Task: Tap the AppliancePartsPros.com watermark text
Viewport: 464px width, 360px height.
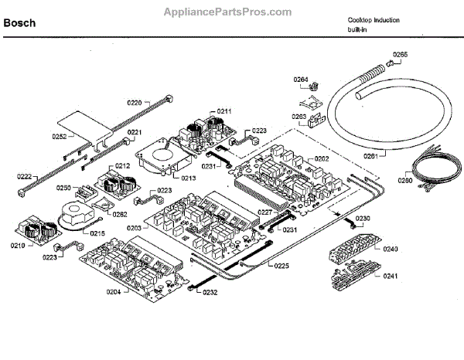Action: tap(228, 12)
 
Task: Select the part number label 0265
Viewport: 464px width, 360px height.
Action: tap(399, 54)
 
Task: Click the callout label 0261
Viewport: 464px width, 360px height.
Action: tap(370, 156)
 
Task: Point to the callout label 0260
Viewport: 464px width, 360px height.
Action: tap(405, 182)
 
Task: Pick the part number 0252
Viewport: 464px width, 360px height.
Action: tap(60, 137)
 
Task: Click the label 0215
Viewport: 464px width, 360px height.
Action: tap(97, 232)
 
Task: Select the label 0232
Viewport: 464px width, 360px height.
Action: tap(210, 293)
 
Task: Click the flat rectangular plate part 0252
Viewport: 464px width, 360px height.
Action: tap(84, 124)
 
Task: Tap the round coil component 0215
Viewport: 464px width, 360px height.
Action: tap(75, 214)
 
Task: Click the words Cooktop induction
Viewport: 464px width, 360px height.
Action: tap(374, 19)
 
